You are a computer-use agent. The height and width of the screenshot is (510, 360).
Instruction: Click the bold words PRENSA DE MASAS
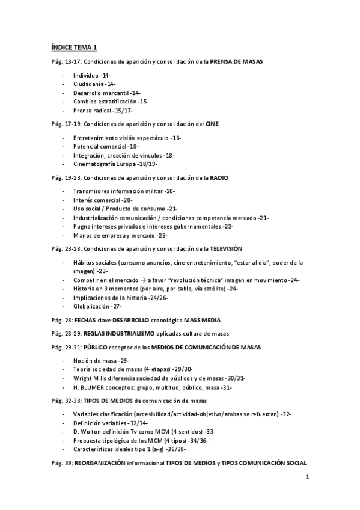(x=236, y=62)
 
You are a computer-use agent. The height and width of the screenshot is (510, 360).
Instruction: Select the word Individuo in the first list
(x=86, y=75)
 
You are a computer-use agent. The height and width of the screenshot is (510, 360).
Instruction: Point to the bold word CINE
(x=212, y=124)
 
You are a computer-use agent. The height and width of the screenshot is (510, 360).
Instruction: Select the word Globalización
(x=91, y=306)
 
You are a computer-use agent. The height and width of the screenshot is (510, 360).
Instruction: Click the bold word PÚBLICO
(x=95, y=347)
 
